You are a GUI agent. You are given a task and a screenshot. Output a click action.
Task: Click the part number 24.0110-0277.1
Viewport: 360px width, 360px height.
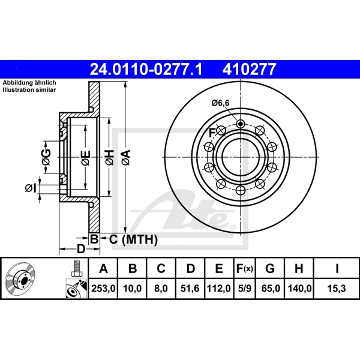pyautogui.click(x=146, y=70)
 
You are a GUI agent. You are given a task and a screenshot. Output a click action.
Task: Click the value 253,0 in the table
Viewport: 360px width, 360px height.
pyautogui.click(x=103, y=289)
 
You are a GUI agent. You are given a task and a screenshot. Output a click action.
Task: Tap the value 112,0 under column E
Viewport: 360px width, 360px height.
pyautogui.click(x=219, y=289)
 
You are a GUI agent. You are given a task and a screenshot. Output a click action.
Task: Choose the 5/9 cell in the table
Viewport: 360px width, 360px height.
pyautogui.click(x=245, y=289)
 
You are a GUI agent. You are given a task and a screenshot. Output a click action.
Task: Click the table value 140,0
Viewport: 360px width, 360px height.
pyautogui.click(x=300, y=289)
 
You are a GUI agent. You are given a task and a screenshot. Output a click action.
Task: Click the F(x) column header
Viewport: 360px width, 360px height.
pyautogui.click(x=245, y=268)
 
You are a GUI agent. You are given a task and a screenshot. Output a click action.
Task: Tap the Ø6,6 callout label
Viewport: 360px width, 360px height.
pyautogui.click(x=220, y=103)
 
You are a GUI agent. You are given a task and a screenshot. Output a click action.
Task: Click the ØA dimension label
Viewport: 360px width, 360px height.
pyautogui.click(x=125, y=158)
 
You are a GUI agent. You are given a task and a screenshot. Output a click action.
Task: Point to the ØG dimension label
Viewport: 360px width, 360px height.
pyautogui.click(x=46, y=157)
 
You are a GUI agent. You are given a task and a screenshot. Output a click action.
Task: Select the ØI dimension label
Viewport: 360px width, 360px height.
pyautogui.click(x=31, y=188)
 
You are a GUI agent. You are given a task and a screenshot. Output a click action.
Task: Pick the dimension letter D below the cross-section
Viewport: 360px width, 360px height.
pyautogui.click(x=80, y=248)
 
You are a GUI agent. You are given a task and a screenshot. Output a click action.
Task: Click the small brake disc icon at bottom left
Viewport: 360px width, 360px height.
pyautogui.click(x=19, y=279)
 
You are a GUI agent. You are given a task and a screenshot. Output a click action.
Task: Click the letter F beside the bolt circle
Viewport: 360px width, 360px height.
pyautogui.click(x=212, y=132)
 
